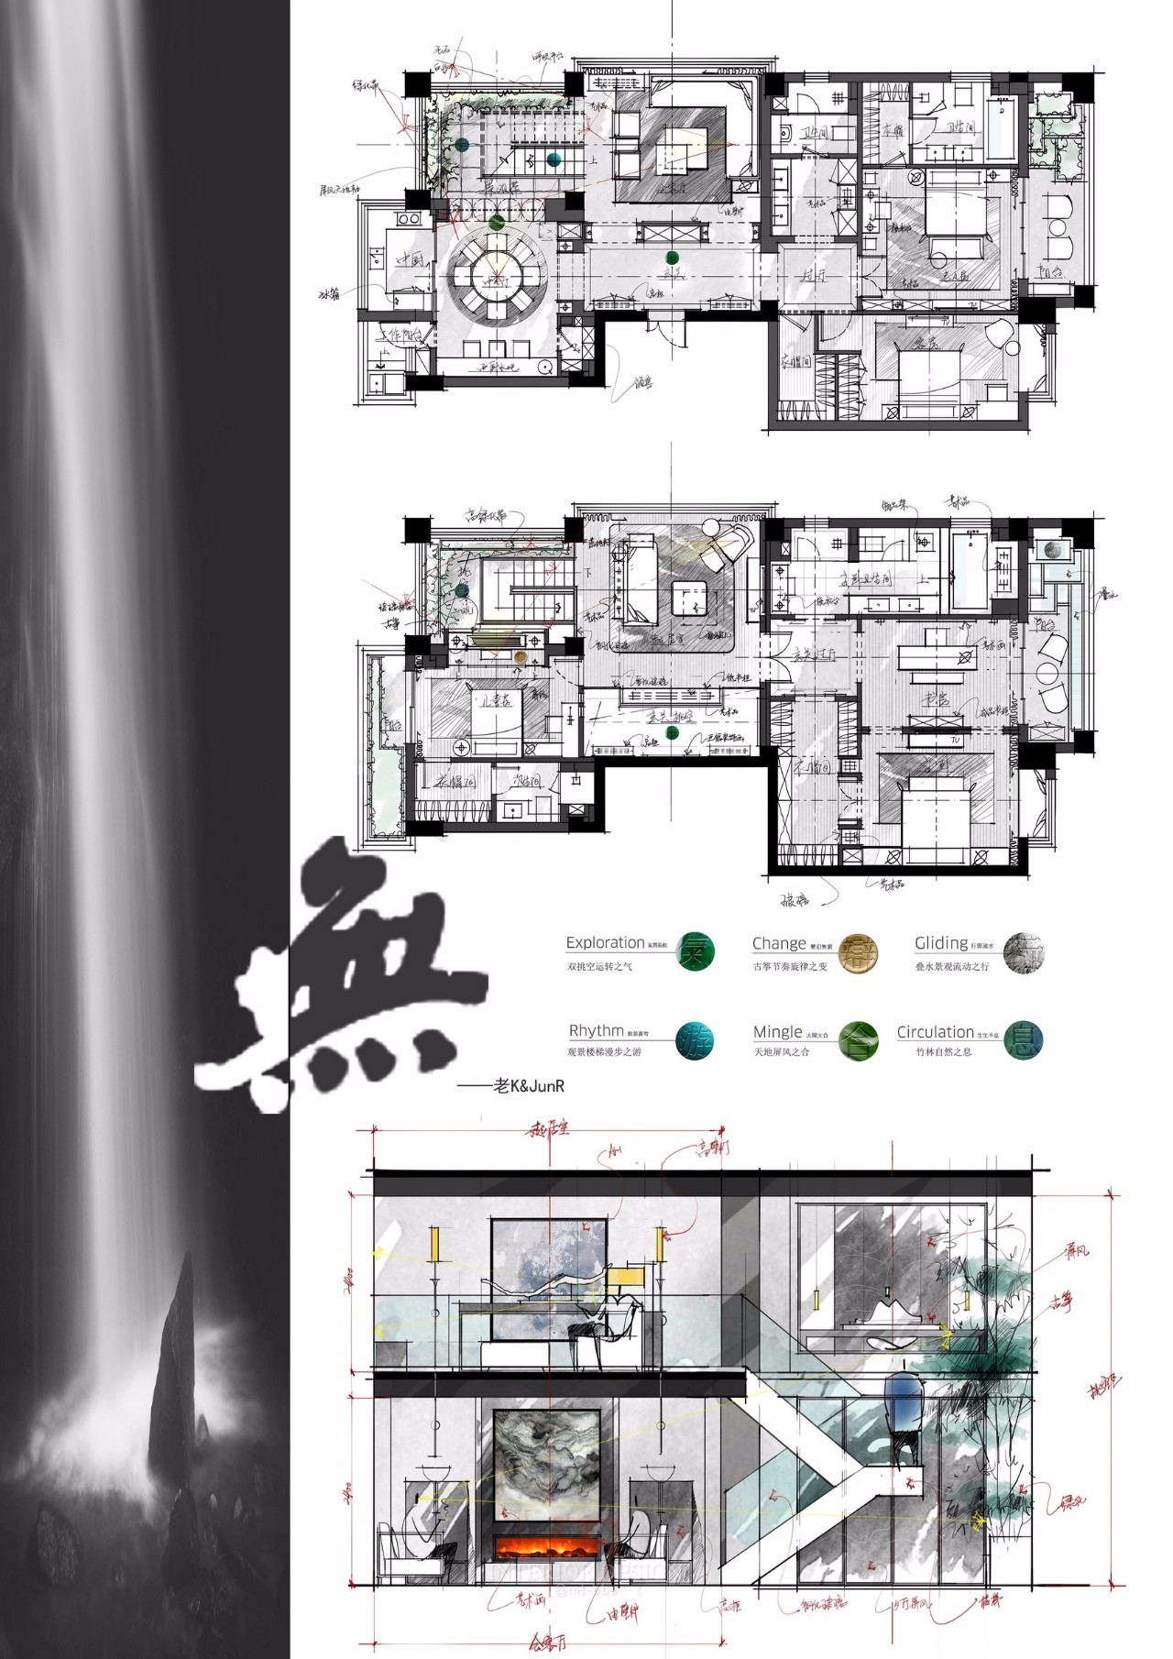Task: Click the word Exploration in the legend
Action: point(605,942)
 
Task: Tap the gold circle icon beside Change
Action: point(859,951)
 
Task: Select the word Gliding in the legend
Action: point(940,942)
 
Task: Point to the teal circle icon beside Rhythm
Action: point(694,1041)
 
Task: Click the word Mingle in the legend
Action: point(777,1032)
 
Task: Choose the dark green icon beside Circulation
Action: point(1023,1038)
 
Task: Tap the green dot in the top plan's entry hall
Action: point(672,258)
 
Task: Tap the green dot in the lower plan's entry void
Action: point(672,732)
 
